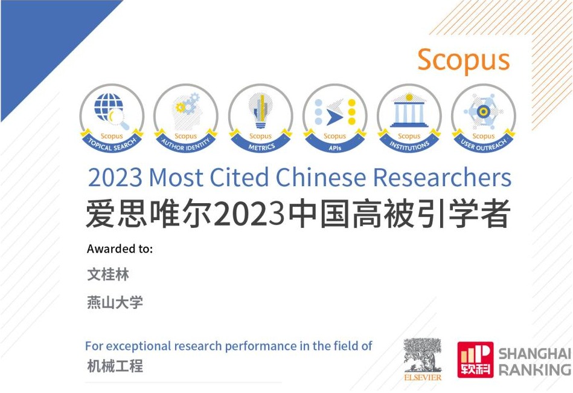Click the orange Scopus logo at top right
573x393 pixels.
(x=463, y=60)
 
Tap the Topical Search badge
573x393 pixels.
(x=112, y=118)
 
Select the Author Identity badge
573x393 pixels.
(x=186, y=118)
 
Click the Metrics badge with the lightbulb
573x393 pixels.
(x=261, y=118)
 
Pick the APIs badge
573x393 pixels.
(x=335, y=118)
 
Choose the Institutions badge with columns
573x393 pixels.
(x=409, y=118)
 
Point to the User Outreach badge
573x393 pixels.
(x=484, y=118)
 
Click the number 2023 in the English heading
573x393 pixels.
(x=115, y=178)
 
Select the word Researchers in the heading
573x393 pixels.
(x=442, y=177)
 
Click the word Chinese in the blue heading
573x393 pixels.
(x=321, y=177)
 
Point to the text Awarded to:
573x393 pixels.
(x=120, y=249)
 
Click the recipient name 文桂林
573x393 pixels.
(x=108, y=274)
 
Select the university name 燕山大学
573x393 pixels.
(x=115, y=302)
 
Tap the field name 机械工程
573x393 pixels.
(x=115, y=366)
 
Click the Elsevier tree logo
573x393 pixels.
(x=423, y=359)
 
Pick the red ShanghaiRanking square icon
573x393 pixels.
(x=475, y=360)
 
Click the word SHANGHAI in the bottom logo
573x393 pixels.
(x=535, y=354)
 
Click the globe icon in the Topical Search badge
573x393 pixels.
(x=108, y=106)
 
